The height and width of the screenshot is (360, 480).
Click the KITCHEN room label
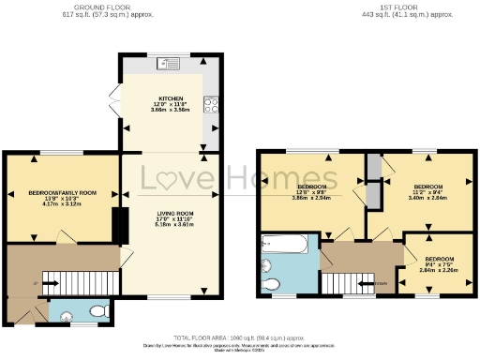click(x=171, y=97)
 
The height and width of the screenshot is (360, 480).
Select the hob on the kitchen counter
click(x=211, y=105)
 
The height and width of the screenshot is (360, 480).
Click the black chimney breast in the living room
click(x=120, y=226)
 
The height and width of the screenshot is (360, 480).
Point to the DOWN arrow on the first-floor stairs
click(x=381, y=282)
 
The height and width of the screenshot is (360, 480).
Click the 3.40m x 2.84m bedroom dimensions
click(x=428, y=198)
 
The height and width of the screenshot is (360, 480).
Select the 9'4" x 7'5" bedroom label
click(x=439, y=262)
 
